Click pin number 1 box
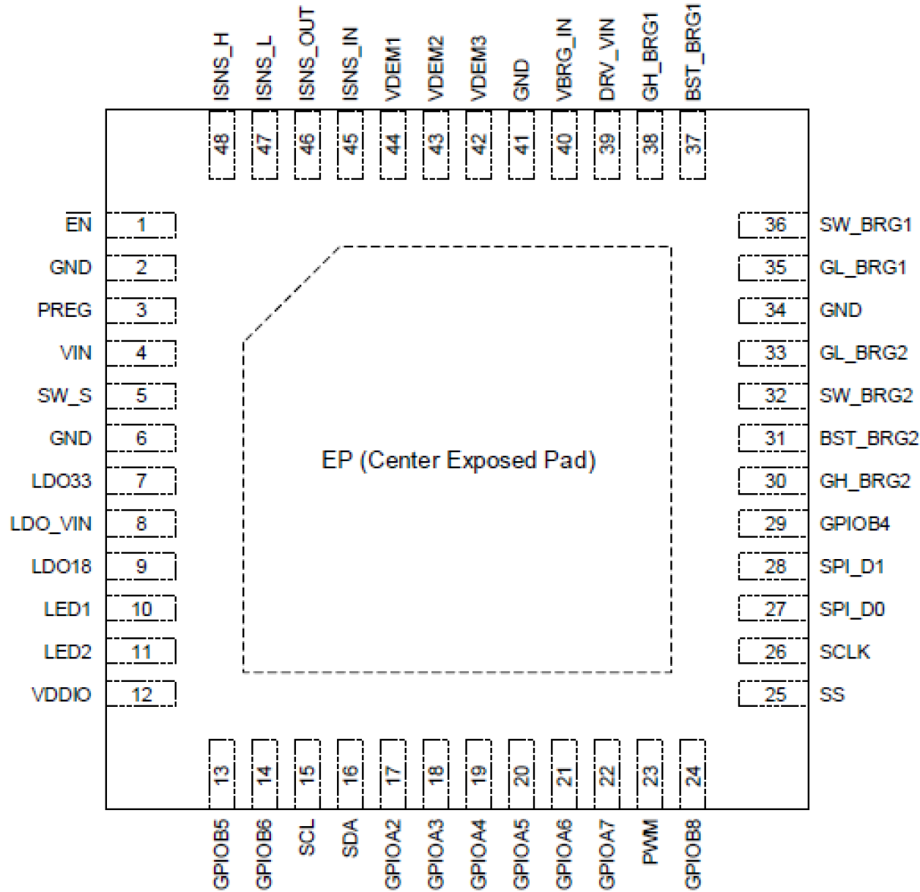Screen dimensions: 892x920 [x=141, y=225]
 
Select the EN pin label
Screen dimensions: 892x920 [x=78, y=224]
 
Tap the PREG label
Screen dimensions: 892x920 [x=64, y=310]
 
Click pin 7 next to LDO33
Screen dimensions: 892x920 [x=141, y=481]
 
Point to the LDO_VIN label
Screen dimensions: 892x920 [x=51, y=524]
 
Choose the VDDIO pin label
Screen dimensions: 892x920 [x=62, y=694]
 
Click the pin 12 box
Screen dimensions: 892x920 [x=141, y=694]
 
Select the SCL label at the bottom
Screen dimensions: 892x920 [x=307, y=837]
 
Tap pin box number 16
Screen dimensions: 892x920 [x=350, y=773]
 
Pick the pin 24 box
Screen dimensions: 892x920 [x=693, y=773]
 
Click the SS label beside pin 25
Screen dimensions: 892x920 [x=832, y=694]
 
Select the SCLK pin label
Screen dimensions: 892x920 [x=845, y=652]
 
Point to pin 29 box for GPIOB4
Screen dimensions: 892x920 [x=775, y=524]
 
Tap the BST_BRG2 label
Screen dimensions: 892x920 [x=869, y=438]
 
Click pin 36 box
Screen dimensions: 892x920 [x=775, y=225]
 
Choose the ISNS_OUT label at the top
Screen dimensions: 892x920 [x=307, y=54]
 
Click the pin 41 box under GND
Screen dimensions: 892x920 [x=522, y=144]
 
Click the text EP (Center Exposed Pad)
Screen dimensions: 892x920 [x=459, y=460]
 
